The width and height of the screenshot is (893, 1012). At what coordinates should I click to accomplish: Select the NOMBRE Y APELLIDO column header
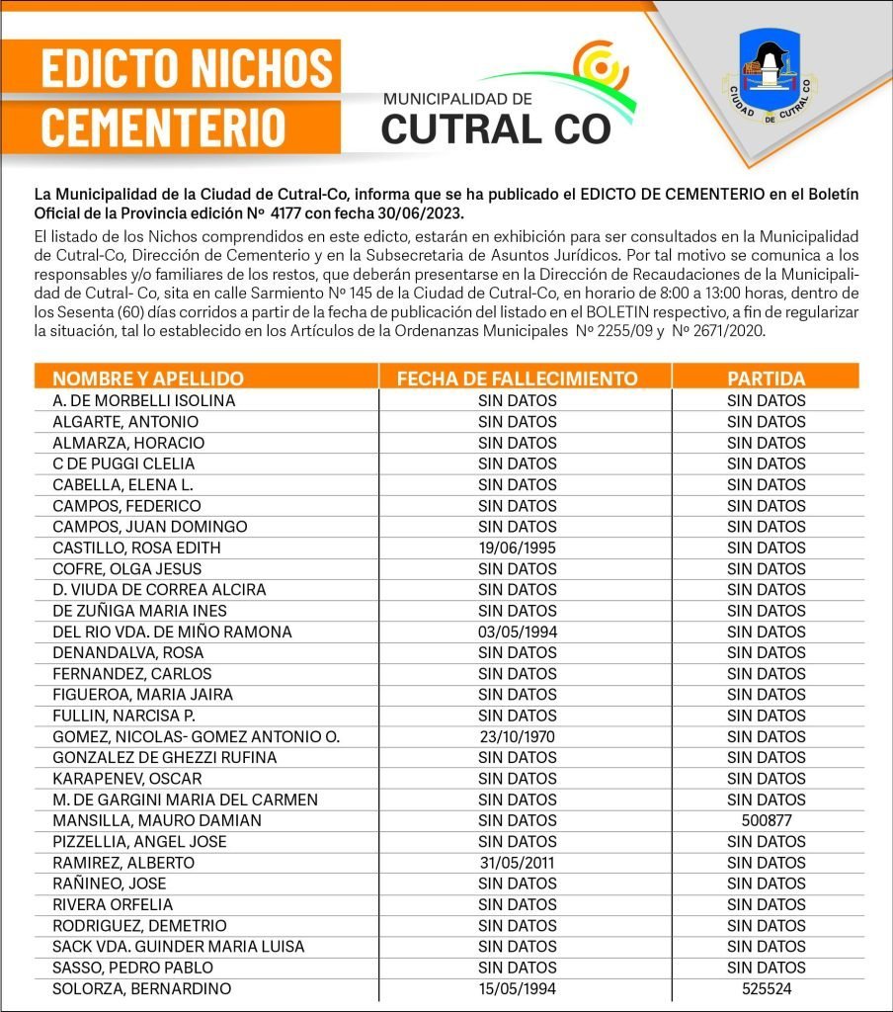point(148,379)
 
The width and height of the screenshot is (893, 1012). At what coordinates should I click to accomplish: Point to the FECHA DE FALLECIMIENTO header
point(517,379)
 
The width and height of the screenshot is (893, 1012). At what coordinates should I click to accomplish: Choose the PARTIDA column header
point(767,379)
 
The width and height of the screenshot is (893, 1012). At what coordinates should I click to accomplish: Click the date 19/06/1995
point(518,548)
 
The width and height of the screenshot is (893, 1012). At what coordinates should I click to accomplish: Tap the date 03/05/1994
point(518,632)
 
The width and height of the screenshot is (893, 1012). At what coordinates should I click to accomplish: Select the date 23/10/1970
point(518,736)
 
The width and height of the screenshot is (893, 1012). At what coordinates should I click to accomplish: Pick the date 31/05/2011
point(518,863)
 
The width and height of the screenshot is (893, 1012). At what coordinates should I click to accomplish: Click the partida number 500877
point(767,820)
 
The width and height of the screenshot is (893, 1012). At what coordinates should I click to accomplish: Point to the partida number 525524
point(767,988)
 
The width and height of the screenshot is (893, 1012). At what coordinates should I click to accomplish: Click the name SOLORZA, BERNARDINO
point(141,988)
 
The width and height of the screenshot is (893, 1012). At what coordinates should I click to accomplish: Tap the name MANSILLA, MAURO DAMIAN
point(157,820)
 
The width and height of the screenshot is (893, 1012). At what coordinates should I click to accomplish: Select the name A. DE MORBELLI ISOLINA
point(144,401)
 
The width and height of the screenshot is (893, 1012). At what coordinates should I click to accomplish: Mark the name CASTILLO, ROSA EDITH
point(136,548)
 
